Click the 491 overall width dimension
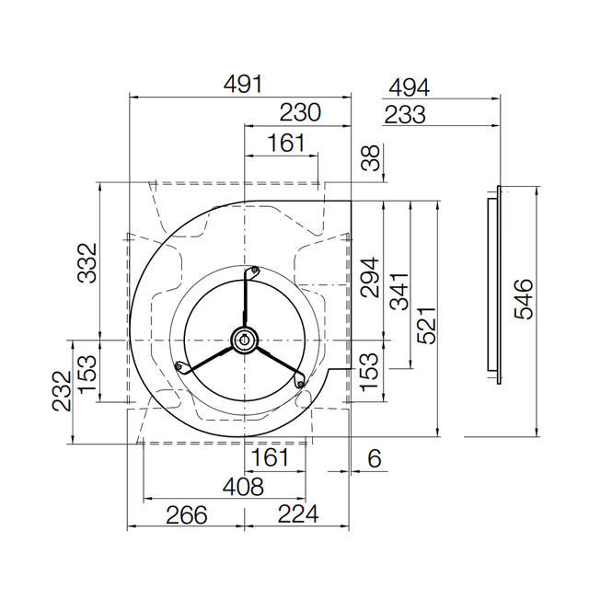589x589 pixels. click(x=243, y=84)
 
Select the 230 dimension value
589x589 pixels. click(x=300, y=112)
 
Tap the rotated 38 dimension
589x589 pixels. click(x=370, y=158)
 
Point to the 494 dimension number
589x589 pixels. click(x=409, y=87)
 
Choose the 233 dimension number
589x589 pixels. click(x=405, y=114)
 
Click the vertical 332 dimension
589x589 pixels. click(x=87, y=263)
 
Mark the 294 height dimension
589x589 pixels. click(x=370, y=277)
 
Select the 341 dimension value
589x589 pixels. click(x=399, y=292)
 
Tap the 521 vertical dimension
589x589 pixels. click(x=427, y=325)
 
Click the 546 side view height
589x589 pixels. click(x=524, y=299)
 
